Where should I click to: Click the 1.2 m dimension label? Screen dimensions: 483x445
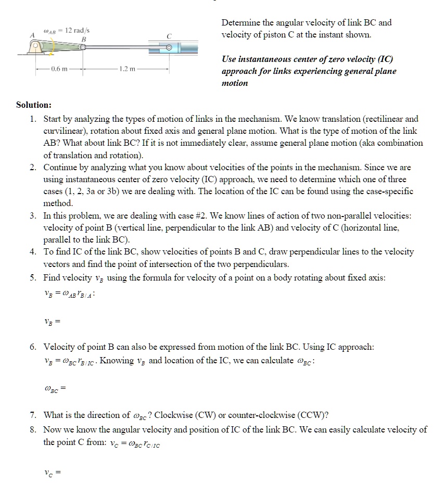(128, 68)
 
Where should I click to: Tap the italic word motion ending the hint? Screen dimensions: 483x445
(235, 83)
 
